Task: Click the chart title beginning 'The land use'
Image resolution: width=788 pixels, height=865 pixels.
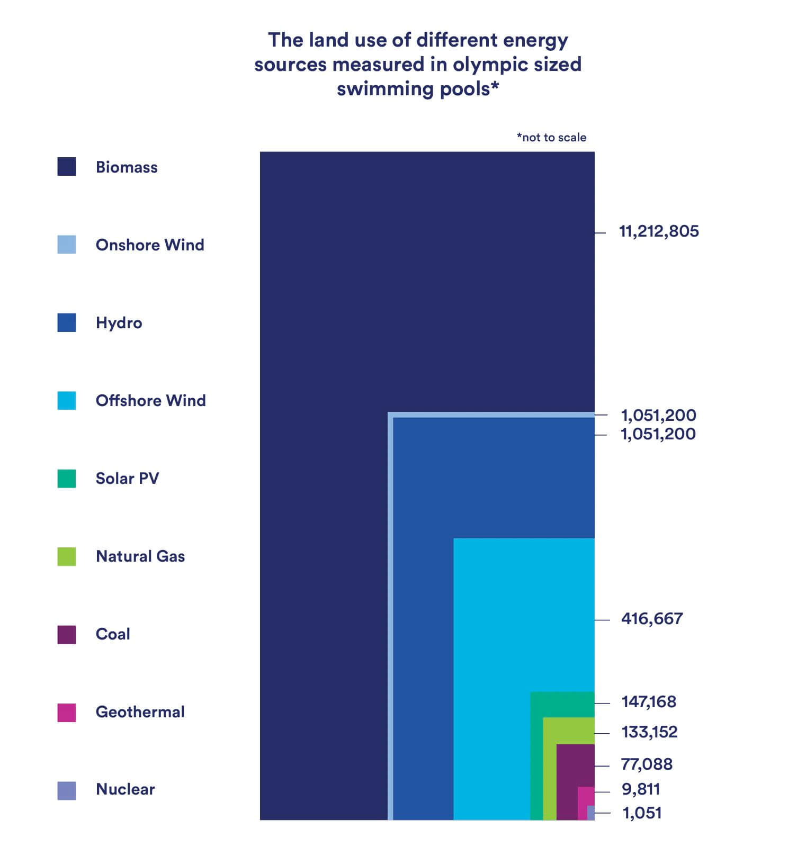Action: click(x=417, y=64)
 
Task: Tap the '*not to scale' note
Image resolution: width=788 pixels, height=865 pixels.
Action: click(x=551, y=138)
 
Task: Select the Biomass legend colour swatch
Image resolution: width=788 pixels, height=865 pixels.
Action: click(x=67, y=167)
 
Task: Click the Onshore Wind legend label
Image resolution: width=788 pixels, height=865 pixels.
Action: click(x=150, y=245)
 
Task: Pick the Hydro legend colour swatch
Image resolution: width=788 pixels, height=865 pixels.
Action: click(x=67, y=323)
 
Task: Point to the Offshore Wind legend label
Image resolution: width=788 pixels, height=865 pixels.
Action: click(x=150, y=401)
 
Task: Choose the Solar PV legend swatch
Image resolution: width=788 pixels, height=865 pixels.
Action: click(x=67, y=479)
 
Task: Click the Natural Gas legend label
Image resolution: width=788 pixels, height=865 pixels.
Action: click(x=140, y=556)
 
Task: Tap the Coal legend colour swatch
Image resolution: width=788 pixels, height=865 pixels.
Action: click(x=67, y=634)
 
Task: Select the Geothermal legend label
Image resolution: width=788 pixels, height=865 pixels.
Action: click(x=140, y=712)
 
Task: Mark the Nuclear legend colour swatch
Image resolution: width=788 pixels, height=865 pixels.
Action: click(x=67, y=790)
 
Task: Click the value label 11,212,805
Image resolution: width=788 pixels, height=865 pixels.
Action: click(x=659, y=232)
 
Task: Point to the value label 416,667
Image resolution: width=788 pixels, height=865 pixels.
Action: click(x=652, y=619)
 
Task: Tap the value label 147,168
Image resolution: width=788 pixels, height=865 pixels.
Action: click(x=649, y=702)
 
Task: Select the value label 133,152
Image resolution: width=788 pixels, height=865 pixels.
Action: click(x=649, y=732)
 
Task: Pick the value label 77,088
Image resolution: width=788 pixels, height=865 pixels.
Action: click(x=647, y=764)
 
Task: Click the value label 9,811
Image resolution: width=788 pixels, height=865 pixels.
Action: click(x=641, y=790)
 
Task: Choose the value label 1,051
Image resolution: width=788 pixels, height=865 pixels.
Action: click(x=642, y=813)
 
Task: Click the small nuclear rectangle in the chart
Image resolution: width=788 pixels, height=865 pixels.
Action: click(x=590, y=813)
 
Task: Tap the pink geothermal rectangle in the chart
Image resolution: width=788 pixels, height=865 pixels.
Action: click(x=584, y=796)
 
